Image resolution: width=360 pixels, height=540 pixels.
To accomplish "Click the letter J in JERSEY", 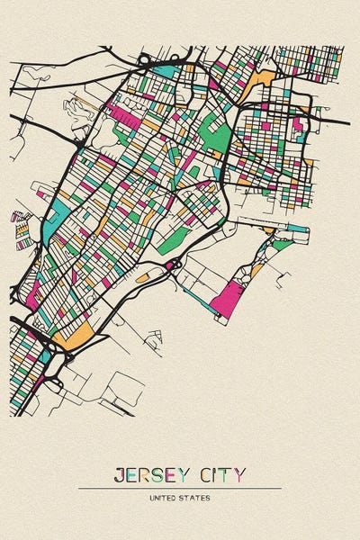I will click(x=119, y=474).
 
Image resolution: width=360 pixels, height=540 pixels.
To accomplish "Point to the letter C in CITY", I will click(x=206, y=474).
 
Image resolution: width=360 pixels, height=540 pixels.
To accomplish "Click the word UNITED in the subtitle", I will click(x=168, y=496).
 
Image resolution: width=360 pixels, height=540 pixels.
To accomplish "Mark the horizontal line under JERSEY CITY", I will click(x=180, y=488).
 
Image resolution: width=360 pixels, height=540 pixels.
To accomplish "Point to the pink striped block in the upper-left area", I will click(x=121, y=115).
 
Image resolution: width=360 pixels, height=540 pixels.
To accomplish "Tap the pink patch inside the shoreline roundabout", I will click(x=170, y=265).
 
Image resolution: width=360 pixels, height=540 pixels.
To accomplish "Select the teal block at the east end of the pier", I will click(x=296, y=229).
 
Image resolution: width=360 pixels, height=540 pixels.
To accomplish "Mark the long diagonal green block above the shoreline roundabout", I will click(x=175, y=238).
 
